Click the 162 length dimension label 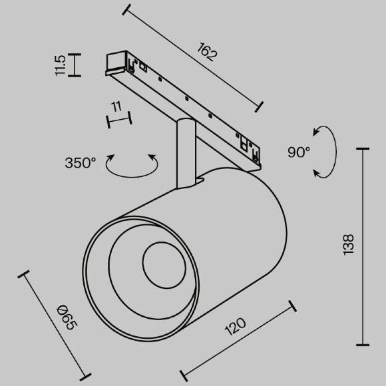click(x=208, y=52)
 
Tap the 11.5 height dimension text click(x=60, y=66)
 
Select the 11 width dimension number click(x=116, y=106)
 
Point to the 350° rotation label click(x=81, y=162)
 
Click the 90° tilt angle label click(x=299, y=152)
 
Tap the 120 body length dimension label click(x=235, y=327)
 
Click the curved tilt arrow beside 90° click(x=326, y=152)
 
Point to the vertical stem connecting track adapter click(x=184, y=153)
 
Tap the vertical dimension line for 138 click(x=363, y=246)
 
